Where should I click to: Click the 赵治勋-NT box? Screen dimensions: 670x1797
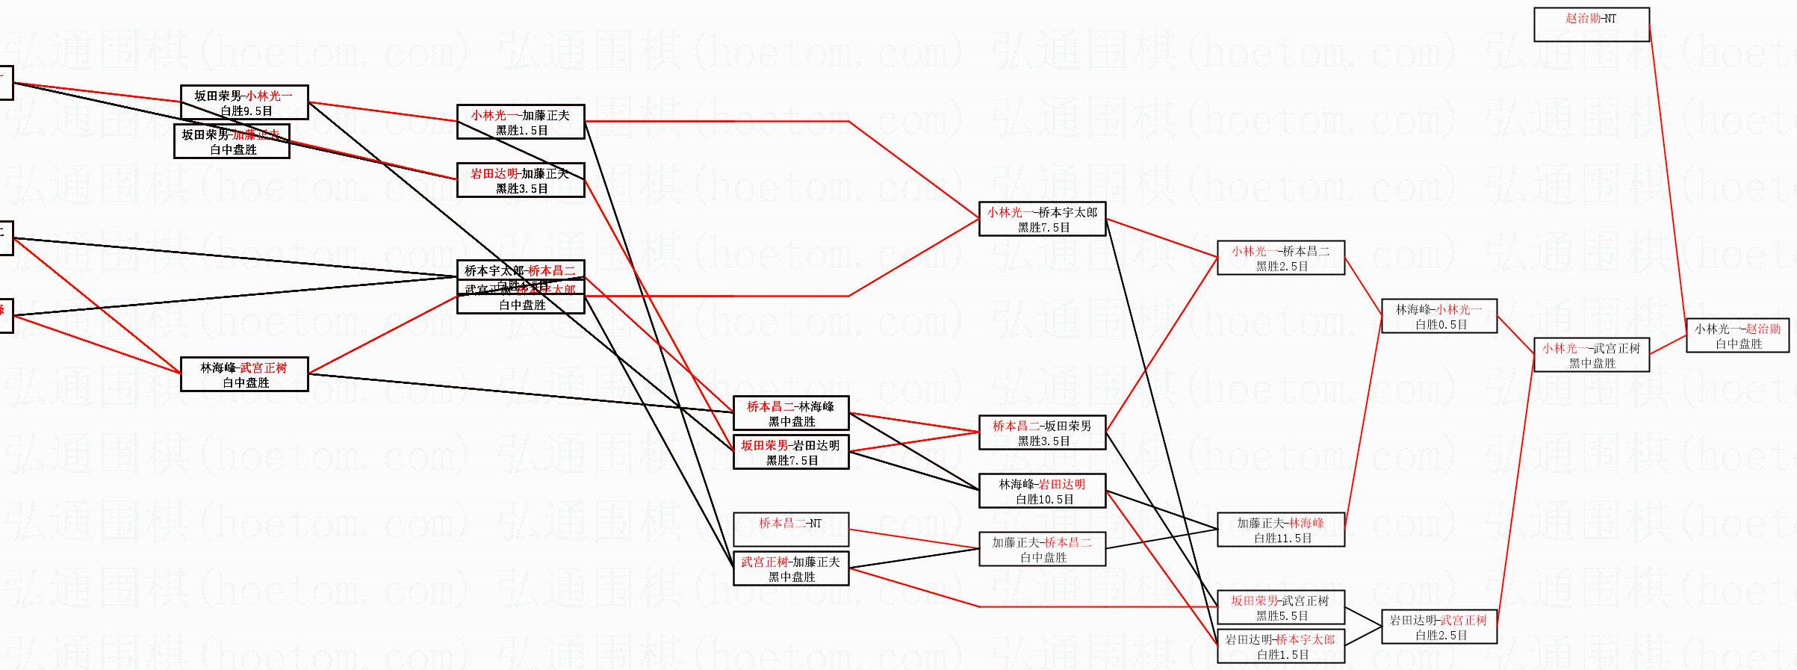pyautogui.click(x=1591, y=25)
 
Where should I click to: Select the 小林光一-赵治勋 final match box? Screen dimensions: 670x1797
pyautogui.click(x=1737, y=336)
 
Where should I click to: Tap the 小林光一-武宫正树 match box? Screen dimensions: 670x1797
pyautogui.click(x=1591, y=356)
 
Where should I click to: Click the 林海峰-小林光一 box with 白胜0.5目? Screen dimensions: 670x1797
pyautogui.click(x=1439, y=317)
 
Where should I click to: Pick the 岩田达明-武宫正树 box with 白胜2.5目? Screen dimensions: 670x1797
pyautogui.click(x=1439, y=627)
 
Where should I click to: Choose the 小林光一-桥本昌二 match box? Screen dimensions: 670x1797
pyautogui.click(x=1281, y=258)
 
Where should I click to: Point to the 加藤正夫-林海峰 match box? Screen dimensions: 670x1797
pyautogui.click(x=1281, y=530)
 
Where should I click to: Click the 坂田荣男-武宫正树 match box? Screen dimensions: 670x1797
pyautogui.click(x=1281, y=608)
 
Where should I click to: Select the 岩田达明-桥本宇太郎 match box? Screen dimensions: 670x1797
pyautogui.click(x=1281, y=647)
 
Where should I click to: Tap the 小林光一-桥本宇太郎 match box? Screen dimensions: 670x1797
pyautogui.click(x=1043, y=220)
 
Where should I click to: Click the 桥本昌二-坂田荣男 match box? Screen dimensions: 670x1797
pyautogui.click(x=1043, y=433)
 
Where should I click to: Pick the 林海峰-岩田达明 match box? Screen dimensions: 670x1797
pyautogui.click(x=1043, y=491)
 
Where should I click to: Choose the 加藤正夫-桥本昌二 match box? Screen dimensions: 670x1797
pyautogui.click(x=1043, y=550)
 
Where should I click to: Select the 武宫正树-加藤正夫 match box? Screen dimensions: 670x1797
pyautogui.click(x=791, y=569)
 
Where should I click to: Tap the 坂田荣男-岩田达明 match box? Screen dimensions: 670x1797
pyautogui.click(x=791, y=453)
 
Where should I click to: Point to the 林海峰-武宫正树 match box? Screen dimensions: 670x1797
pyautogui.click(x=244, y=375)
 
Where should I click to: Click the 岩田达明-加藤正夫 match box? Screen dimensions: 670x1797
pyautogui.click(x=521, y=181)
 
